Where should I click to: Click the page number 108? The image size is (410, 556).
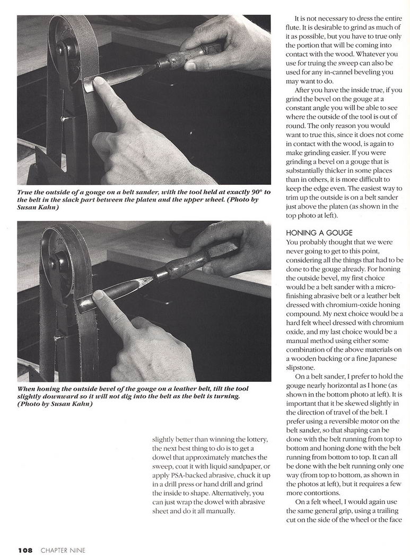pos(25,550)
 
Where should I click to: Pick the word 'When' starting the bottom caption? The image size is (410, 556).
pos(28,389)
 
